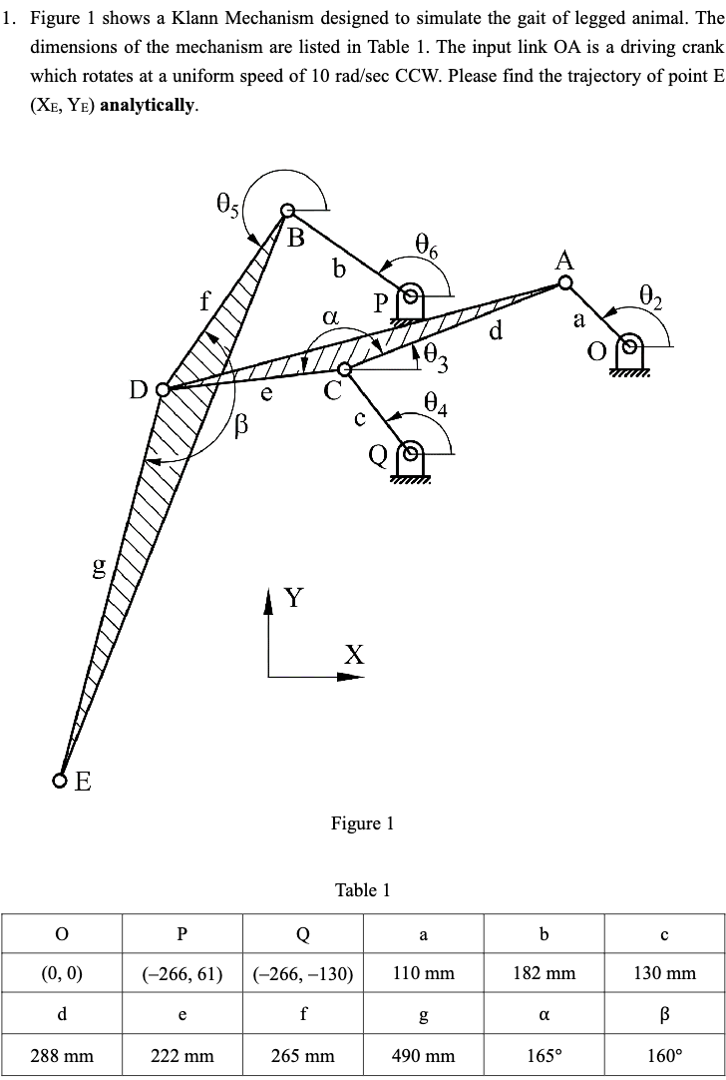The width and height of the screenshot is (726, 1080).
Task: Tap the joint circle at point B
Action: click(x=287, y=211)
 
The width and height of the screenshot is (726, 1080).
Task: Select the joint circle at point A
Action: click(x=565, y=283)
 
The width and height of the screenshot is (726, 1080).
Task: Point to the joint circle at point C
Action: click(x=344, y=369)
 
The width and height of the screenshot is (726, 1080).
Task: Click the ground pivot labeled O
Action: click(x=627, y=349)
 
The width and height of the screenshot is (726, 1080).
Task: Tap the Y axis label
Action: click(x=294, y=599)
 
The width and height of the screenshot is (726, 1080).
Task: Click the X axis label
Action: click(x=354, y=655)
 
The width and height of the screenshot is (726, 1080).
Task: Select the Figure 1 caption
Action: click(x=362, y=823)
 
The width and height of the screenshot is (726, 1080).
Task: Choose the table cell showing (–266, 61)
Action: click(x=181, y=973)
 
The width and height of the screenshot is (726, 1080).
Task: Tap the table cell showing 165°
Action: click(x=544, y=1055)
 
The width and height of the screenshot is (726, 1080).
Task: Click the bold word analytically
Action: click(x=150, y=104)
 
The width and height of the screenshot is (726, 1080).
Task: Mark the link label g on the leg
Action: click(x=99, y=567)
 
